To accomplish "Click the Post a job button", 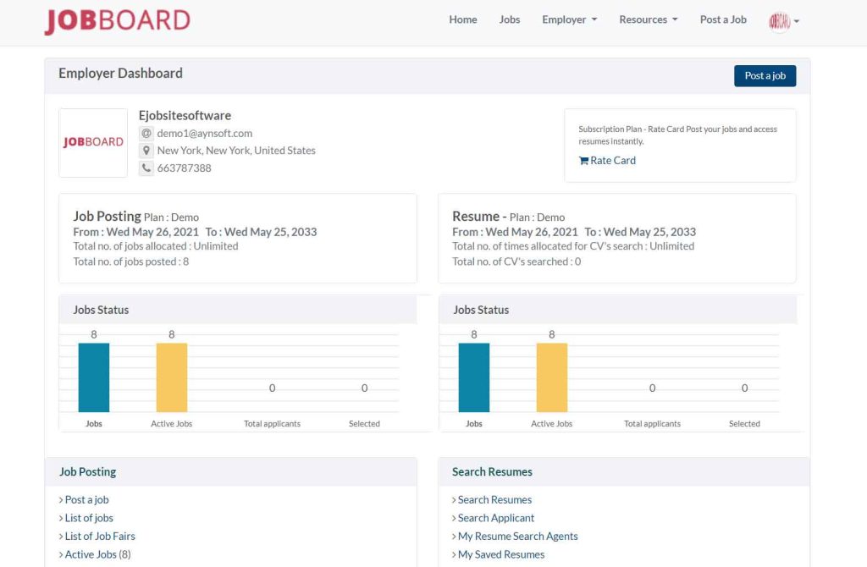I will tap(765, 76).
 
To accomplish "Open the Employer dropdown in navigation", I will tap(569, 19).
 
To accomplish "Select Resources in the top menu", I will tap(648, 19).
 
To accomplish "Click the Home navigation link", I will tap(463, 19).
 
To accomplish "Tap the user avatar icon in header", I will tap(780, 21).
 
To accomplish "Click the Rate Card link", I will tap(607, 161).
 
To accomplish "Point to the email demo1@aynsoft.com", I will tap(204, 133).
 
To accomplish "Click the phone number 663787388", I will tap(184, 168).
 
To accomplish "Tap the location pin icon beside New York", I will tap(146, 151).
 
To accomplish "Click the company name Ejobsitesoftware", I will tap(185, 115).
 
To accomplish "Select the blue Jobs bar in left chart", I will tap(94, 377).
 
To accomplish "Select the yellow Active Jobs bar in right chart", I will tap(552, 377).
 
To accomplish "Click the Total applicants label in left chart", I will tap(272, 424).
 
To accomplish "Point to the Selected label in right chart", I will tap(744, 424).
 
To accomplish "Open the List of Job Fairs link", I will tap(100, 537).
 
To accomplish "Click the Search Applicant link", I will tap(496, 518).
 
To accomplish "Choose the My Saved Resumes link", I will tap(501, 555).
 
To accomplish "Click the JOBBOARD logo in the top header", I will tap(117, 21).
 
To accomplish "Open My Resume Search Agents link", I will tap(517, 537).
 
